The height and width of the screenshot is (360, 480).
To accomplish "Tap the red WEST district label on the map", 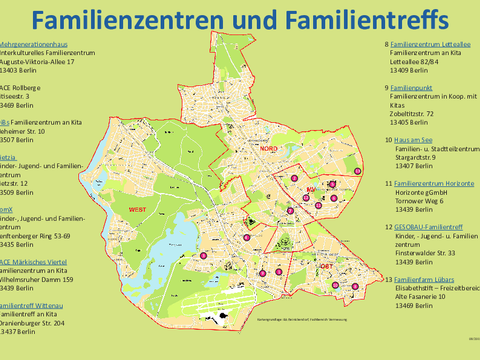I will pyautogui.click(x=137, y=208).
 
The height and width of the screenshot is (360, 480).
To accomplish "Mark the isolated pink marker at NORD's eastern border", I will pyautogui.click(x=297, y=178).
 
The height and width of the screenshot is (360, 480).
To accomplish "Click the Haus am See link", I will pyautogui.click(x=415, y=141).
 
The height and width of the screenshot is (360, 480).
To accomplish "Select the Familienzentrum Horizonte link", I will pyautogui.click(x=434, y=184).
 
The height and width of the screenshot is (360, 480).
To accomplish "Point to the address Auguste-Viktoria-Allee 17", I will pyautogui.click(x=36, y=62).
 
